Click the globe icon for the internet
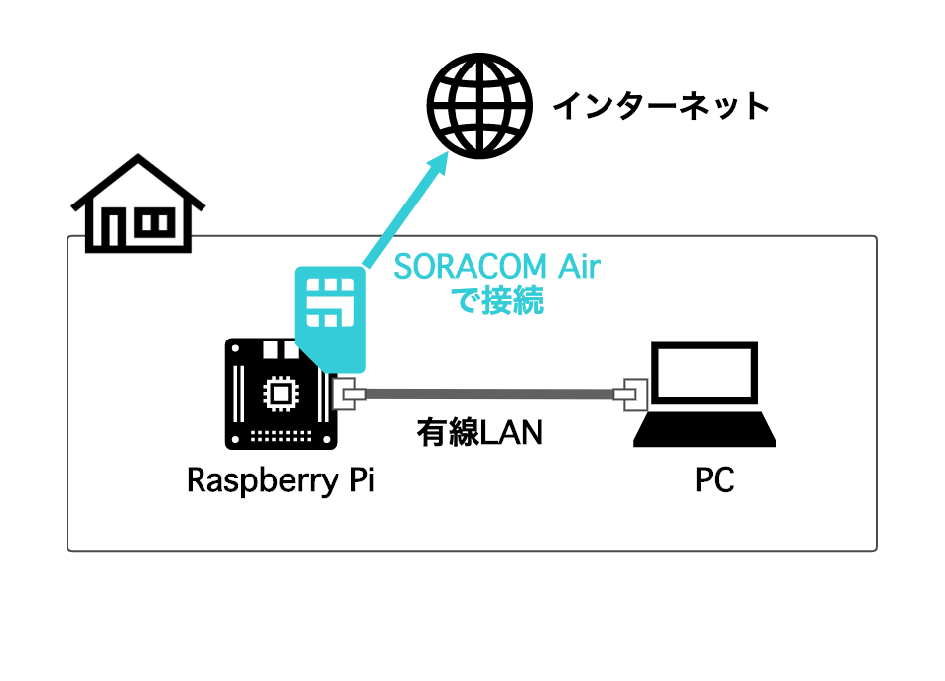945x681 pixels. pyautogui.click(x=479, y=106)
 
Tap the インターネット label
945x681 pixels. pyautogui.click(x=661, y=106)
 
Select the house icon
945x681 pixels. pyautogui.click(x=138, y=204)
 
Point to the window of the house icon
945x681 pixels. pyautogui.click(x=155, y=223)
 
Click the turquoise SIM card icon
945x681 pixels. pyautogui.click(x=331, y=320)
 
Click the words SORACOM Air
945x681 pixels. pyautogui.click(x=496, y=267)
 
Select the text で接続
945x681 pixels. pyautogui.click(x=499, y=300)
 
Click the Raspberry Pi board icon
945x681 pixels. pyautogui.click(x=281, y=394)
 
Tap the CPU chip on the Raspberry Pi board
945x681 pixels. pyautogui.click(x=281, y=394)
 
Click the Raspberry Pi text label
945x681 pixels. pyautogui.click(x=281, y=480)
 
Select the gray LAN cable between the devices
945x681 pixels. pyautogui.click(x=489, y=394)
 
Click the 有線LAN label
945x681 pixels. pyautogui.click(x=479, y=432)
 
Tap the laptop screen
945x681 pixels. pyautogui.click(x=705, y=372)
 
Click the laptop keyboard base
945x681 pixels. pyautogui.click(x=705, y=429)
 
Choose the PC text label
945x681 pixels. pyautogui.click(x=714, y=480)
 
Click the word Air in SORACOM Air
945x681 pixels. pyautogui.click(x=579, y=267)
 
